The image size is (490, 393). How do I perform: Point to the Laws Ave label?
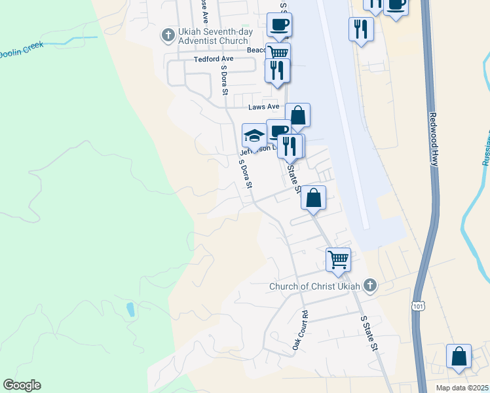pyautogui.click(x=263, y=107)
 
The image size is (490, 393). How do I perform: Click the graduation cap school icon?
pyautogui.click(x=254, y=136)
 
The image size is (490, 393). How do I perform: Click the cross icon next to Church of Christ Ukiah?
pyautogui.click(x=370, y=285)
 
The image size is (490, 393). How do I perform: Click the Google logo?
pyautogui.click(x=22, y=385)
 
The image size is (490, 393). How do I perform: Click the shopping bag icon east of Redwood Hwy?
pyautogui.click(x=459, y=357)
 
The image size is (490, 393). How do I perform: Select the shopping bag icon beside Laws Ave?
pyautogui.click(x=297, y=115)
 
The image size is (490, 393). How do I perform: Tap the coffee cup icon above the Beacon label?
pyautogui.click(x=279, y=26)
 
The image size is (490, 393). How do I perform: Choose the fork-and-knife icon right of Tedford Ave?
pyautogui.click(x=277, y=69)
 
